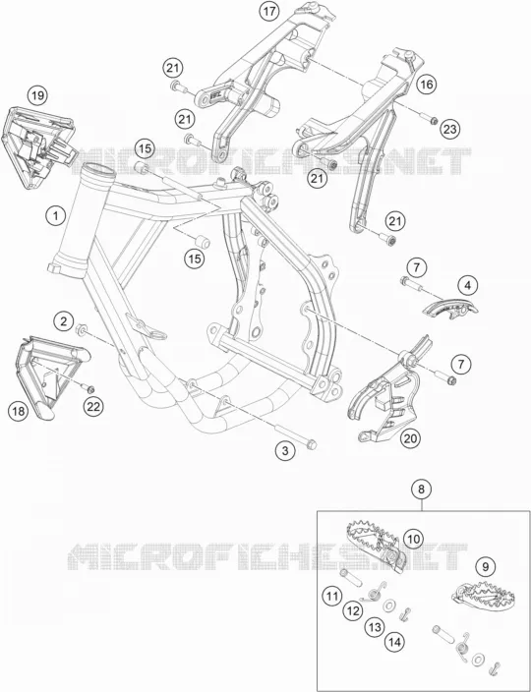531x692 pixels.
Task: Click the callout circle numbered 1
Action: (56, 216)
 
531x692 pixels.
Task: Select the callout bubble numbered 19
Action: (38, 95)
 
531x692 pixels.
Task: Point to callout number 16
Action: (427, 85)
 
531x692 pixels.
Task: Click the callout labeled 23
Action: (449, 129)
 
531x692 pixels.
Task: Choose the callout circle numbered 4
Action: (467, 286)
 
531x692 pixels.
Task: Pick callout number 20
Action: (410, 438)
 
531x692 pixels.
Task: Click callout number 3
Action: (285, 450)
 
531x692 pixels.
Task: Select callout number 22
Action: (93, 407)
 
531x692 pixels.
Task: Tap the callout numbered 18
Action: (19, 411)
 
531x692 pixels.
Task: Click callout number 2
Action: (64, 321)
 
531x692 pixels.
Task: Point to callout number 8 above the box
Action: (422, 489)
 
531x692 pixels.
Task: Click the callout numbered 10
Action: (414, 539)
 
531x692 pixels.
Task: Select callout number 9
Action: (486, 567)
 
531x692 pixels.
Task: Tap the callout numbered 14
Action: (394, 643)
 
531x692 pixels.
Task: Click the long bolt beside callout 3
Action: (296, 436)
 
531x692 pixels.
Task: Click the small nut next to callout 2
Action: (81, 329)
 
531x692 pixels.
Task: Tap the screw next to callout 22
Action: (88, 388)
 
